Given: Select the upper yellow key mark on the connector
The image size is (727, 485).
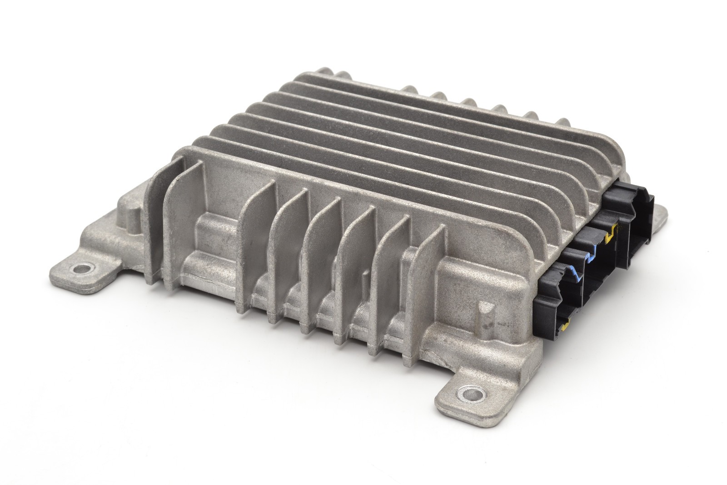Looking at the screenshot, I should (x=612, y=232).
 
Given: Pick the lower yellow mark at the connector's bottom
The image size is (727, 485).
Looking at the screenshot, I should (x=565, y=324).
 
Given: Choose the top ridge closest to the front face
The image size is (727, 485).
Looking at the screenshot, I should (x=363, y=182).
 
